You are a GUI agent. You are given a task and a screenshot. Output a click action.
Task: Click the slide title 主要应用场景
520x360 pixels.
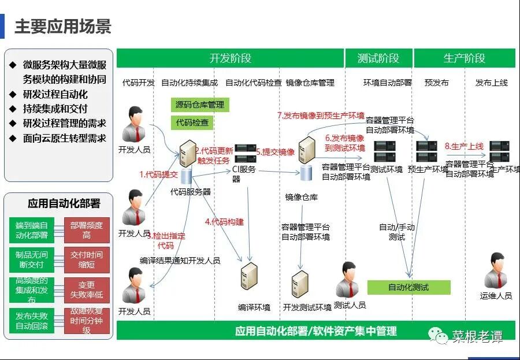[62, 27]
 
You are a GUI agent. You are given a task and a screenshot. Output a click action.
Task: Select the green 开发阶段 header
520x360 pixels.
[230, 58]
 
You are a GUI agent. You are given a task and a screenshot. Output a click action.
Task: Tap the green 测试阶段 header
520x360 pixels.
[378, 58]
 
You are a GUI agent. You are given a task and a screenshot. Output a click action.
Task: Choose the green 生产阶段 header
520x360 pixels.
[464, 58]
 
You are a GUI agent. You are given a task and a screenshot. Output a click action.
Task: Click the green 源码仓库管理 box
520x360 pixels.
[199, 105]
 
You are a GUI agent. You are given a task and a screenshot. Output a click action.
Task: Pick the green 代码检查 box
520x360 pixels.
[192, 123]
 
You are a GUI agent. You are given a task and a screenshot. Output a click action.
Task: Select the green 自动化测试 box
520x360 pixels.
[408, 287]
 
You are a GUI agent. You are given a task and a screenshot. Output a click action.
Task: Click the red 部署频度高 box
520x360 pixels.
[87, 230]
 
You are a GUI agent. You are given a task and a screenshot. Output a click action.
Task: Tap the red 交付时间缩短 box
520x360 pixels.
[87, 259]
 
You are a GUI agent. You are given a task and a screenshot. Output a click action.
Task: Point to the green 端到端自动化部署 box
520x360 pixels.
[31, 230]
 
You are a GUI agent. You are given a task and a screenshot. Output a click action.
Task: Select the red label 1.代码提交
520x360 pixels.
[158, 173]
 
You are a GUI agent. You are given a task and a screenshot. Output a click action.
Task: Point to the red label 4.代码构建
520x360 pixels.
[224, 221]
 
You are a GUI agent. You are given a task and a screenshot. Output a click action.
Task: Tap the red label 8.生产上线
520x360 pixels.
[464, 147]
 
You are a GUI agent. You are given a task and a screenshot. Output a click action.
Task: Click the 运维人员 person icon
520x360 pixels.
[496, 270]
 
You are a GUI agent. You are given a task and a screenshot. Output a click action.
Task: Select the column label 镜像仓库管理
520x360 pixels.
[310, 83]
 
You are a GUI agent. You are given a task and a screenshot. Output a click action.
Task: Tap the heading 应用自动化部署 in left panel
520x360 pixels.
[64, 203]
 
